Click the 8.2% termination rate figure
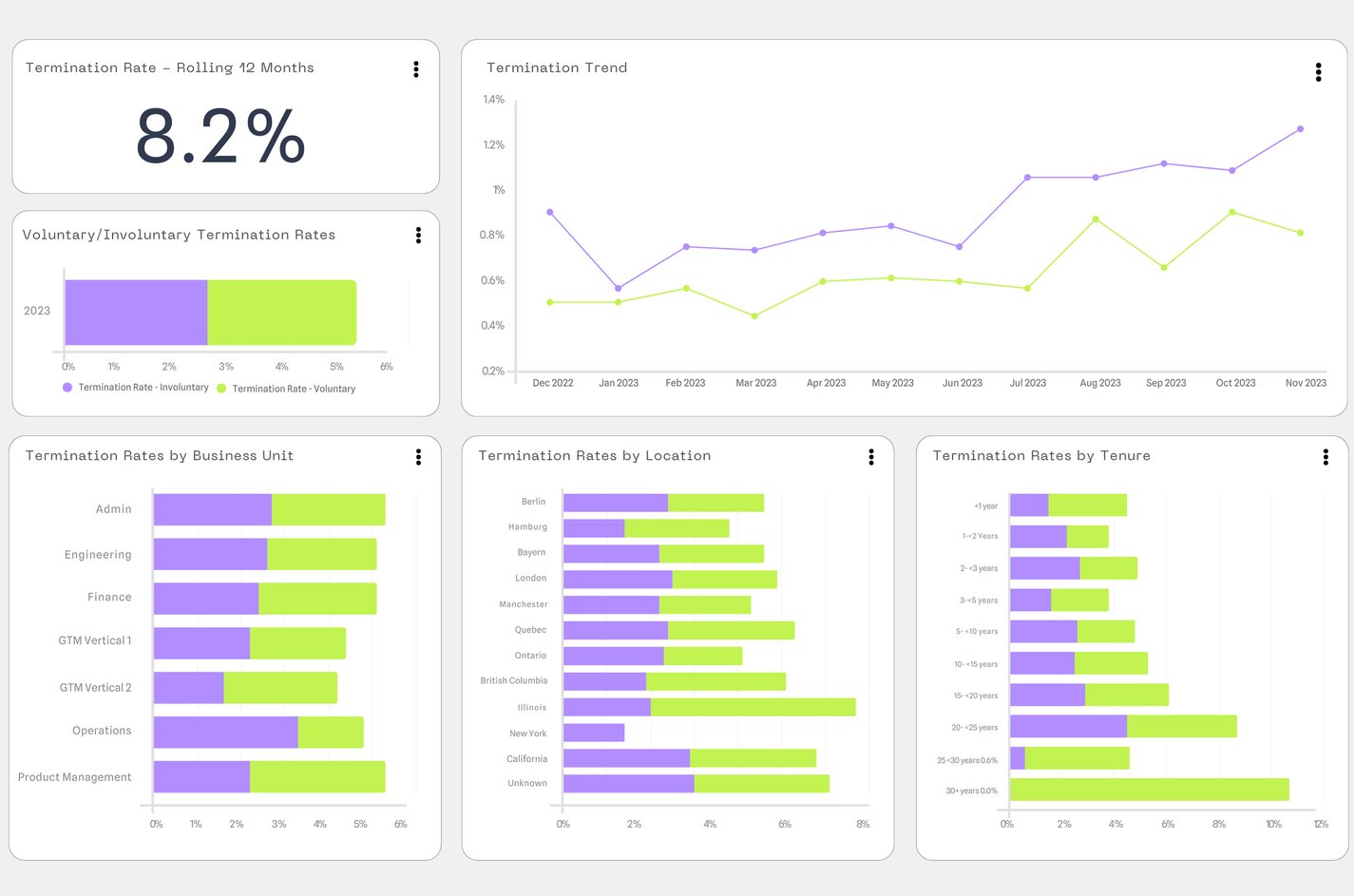click(220, 136)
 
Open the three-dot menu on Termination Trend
click(1318, 72)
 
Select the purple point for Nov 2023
click(1300, 129)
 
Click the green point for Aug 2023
click(1096, 219)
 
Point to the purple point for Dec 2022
click(550, 213)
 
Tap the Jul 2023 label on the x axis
click(1027, 383)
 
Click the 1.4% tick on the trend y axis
click(493, 100)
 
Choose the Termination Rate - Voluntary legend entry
click(293, 389)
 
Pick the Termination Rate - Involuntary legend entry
click(143, 388)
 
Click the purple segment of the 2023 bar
click(136, 313)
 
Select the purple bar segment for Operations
click(225, 733)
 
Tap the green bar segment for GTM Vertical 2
click(280, 688)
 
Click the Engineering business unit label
click(98, 555)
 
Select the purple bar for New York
click(594, 733)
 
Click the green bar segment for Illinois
click(753, 707)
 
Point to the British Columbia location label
click(514, 681)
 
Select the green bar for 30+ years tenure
click(1149, 790)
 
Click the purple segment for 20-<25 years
click(1068, 727)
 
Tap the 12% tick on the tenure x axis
click(1320, 825)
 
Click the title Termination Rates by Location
click(594, 456)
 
